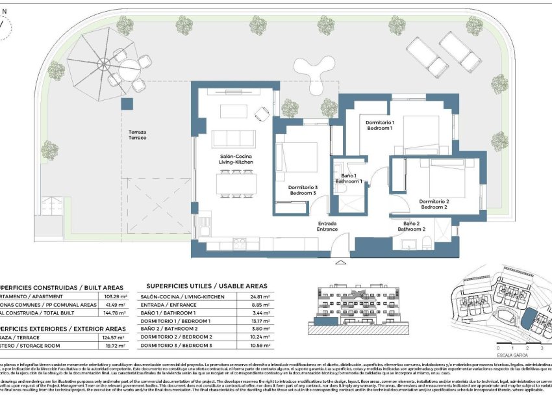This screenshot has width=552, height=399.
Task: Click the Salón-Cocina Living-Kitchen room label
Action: (231, 159)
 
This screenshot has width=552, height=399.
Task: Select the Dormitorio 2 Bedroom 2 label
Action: (434, 203)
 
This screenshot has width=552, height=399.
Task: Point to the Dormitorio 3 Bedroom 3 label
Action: (303, 190)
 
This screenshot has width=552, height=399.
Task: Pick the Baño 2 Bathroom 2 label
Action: (411, 225)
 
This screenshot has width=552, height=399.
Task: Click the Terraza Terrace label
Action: (137, 135)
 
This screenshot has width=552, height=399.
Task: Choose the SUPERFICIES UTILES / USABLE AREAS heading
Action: (207, 285)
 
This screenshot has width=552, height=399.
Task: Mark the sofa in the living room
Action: (234, 138)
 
